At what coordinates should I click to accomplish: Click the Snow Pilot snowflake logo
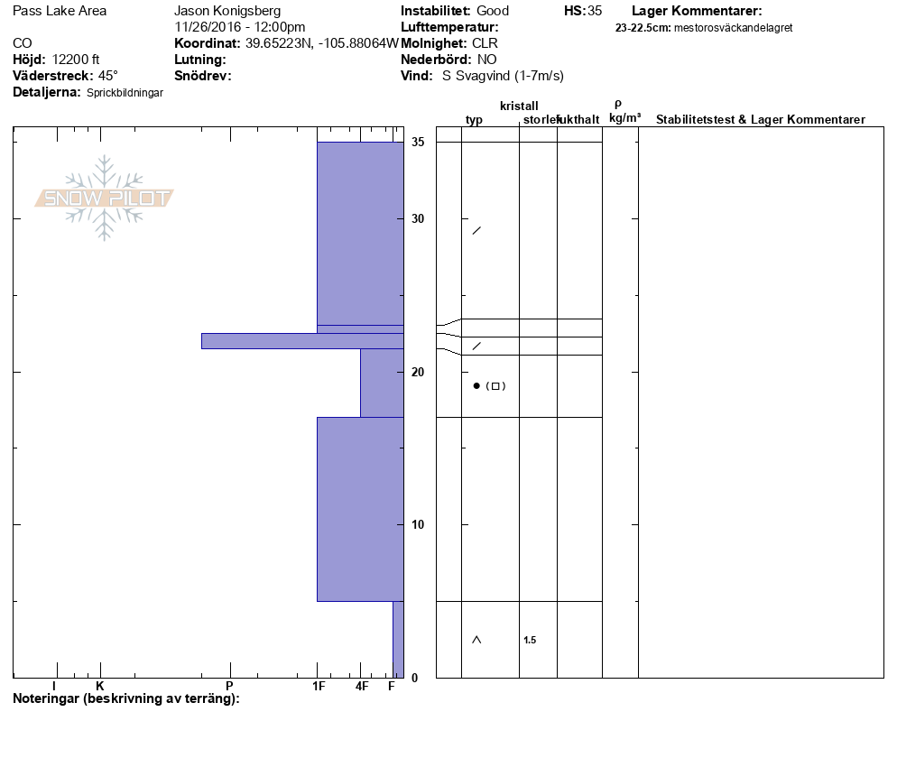click(104, 198)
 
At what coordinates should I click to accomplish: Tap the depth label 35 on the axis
click(418, 142)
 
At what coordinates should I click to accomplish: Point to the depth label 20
click(418, 372)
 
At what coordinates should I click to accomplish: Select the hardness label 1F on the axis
click(319, 686)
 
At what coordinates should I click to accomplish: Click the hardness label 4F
click(362, 686)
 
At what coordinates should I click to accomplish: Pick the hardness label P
click(229, 686)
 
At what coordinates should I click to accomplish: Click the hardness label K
click(100, 686)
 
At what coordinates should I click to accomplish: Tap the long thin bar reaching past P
click(302, 341)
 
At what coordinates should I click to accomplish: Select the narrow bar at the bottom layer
click(398, 640)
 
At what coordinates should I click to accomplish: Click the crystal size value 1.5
click(530, 640)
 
